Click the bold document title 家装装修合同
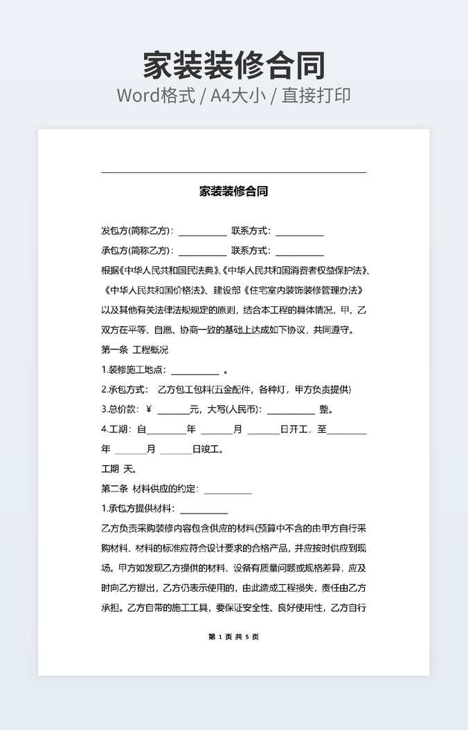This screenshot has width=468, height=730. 233,191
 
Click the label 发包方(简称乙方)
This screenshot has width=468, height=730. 136,231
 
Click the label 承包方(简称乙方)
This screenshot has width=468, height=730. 136,251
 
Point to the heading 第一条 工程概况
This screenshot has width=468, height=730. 135,350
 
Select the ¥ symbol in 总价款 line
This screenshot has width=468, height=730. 149,409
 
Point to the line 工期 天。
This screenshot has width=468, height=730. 118,469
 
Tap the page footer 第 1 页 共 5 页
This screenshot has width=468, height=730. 233,637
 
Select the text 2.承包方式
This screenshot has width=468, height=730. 124,389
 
